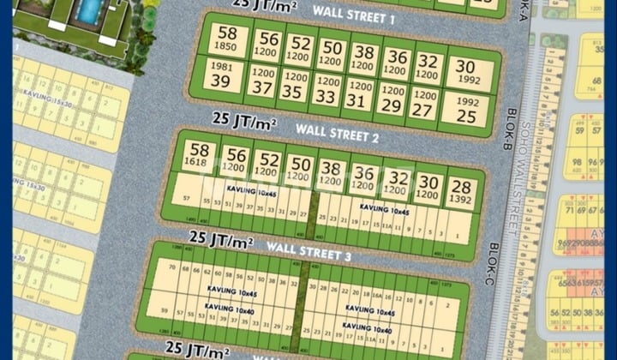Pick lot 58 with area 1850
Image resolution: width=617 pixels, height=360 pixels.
click(227, 39)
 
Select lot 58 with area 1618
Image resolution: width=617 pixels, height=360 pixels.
click(199, 153)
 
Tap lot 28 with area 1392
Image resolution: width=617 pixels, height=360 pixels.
click(460, 192)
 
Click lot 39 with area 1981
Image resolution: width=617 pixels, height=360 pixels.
click(220, 75)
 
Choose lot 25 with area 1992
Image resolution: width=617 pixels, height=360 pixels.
click(466, 108)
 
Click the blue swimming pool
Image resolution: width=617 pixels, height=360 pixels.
click(89, 10)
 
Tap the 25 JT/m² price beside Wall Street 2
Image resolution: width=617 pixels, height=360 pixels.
click(243, 120)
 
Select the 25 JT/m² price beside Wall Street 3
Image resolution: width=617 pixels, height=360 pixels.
click(221, 238)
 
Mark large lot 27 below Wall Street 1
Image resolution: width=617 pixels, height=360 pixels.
click(421, 104)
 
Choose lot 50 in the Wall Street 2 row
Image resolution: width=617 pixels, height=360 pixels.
click(300, 168)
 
